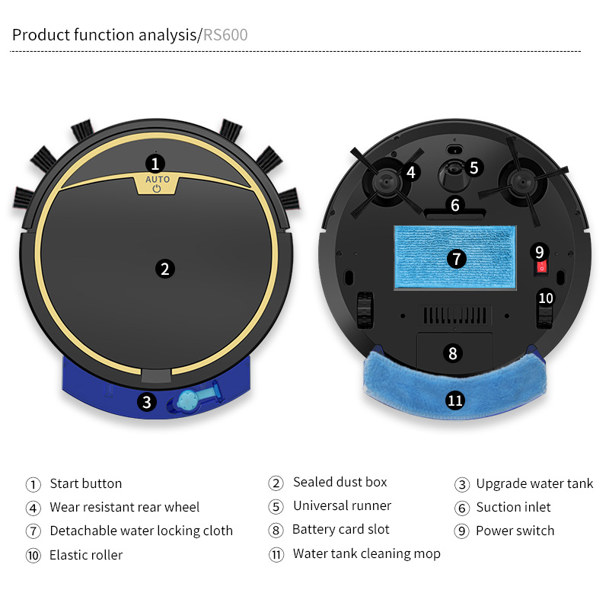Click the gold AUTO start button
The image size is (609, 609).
[x=157, y=184]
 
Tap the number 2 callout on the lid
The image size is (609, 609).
[x=165, y=269]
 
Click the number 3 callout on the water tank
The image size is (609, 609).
[x=147, y=402]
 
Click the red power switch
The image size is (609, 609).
[x=541, y=267]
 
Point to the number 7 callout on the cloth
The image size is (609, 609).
[x=457, y=259]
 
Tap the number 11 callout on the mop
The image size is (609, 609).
[x=455, y=400]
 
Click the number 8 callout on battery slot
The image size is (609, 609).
[x=453, y=353]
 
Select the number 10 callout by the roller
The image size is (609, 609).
[x=546, y=298]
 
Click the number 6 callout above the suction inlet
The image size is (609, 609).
[x=455, y=205]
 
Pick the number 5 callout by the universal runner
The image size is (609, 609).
[x=473, y=167]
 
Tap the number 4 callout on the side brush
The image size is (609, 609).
[x=411, y=172]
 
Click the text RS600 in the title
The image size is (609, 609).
[x=225, y=35]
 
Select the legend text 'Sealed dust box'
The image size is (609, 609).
[x=340, y=482]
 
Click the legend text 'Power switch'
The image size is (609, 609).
[x=515, y=531]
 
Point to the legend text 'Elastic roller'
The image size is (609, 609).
[x=86, y=555]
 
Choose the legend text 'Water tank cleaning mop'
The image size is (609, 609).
[x=367, y=553]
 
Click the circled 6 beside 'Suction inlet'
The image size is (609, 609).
[x=462, y=508]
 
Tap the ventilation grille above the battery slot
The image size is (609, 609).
[x=454, y=315]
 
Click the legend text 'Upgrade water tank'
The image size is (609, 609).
[x=534, y=483]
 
